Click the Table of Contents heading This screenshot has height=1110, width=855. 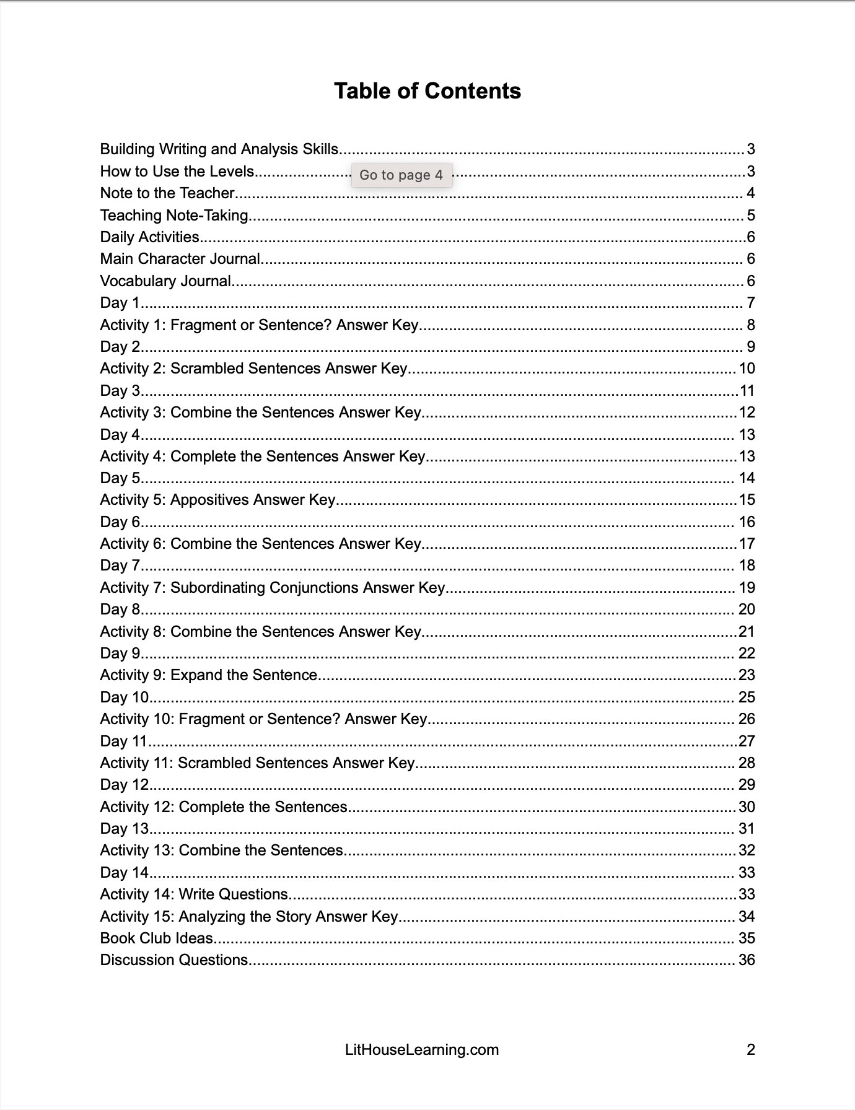tap(427, 91)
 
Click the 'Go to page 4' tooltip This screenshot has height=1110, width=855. tap(401, 175)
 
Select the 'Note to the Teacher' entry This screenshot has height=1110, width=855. tap(167, 193)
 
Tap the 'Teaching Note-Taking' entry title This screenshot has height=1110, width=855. tap(174, 216)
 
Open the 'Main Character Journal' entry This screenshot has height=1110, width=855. tap(180, 259)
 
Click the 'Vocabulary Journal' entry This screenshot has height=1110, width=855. tap(165, 281)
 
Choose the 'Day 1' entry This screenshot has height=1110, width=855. tap(120, 303)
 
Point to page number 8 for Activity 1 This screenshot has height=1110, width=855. tap(751, 325)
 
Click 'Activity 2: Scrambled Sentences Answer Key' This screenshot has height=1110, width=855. tap(253, 369)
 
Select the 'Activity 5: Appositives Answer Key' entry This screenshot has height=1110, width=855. tap(217, 500)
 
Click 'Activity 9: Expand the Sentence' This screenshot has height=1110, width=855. tap(209, 675)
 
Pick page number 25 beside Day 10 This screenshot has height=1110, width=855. tap(747, 697)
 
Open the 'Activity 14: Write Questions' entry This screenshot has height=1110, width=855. tap(194, 894)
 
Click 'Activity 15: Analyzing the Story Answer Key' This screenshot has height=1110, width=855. tap(248, 917)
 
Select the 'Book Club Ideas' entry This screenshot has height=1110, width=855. tap(157, 938)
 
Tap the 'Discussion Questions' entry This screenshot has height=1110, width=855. tap(174, 960)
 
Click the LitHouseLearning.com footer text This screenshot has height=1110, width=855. tap(422, 1050)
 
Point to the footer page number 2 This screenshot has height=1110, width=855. tap(751, 1050)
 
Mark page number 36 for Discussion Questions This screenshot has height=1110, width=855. tap(747, 960)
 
